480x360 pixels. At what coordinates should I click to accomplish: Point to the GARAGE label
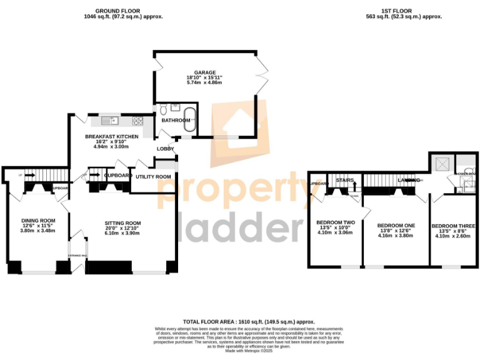(204, 72)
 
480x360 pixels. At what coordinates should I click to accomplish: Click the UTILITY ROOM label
(154, 177)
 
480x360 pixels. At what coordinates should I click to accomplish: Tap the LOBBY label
(165, 149)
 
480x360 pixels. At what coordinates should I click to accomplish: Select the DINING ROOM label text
(39, 220)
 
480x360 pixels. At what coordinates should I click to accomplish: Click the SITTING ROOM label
(122, 223)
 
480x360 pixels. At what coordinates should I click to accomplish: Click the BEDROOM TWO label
(336, 222)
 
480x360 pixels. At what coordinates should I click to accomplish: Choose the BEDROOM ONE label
(396, 225)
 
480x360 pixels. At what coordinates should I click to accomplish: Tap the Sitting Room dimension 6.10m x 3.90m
(122, 234)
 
